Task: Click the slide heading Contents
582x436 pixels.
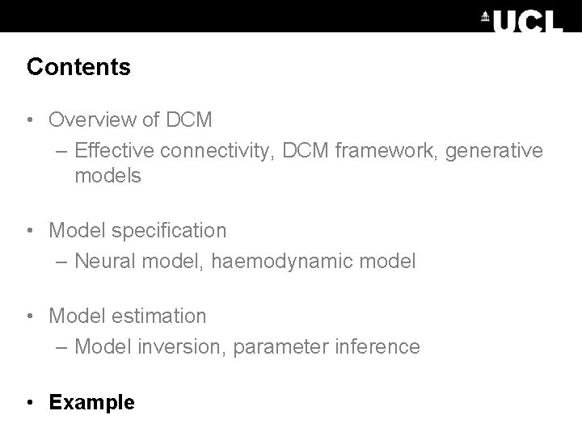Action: [x=78, y=67]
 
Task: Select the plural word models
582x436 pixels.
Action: [x=108, y=176]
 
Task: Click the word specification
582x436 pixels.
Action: [x=171, y=231]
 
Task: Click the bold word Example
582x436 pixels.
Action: [x=92, y=402]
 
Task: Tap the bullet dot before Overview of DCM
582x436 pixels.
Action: [x=30, y=121]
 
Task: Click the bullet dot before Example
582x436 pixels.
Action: [x=30, y=402]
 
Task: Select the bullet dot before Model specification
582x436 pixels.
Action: [x=30, y=231]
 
